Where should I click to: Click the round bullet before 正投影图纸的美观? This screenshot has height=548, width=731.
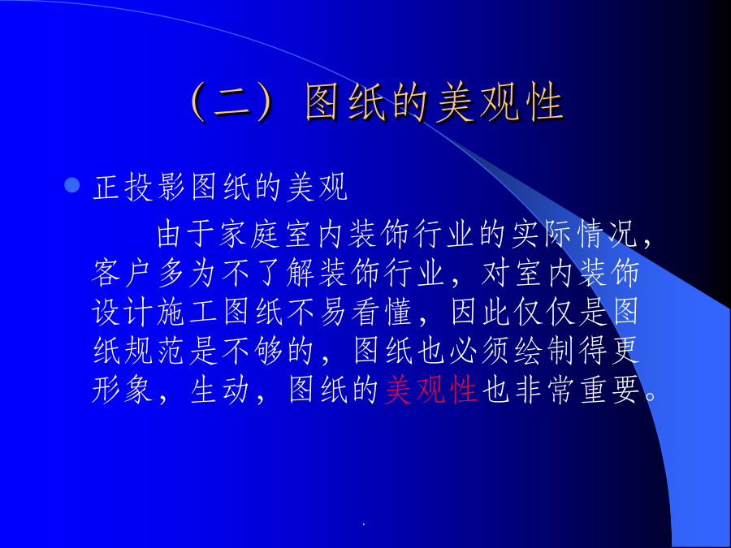pyautogui.click(x=71, y=185)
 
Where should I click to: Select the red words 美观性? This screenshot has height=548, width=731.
pyautogui.click(x=430, y=389)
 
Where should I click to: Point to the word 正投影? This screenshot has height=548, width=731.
pyautogui.click(x=139, y=188)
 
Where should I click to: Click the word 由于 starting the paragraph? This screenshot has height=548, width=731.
pyautogui.click(x=187, y=234)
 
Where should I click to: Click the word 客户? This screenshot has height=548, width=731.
pyautogui.click(x=122, y=273)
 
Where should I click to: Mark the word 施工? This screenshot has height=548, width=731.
pyautogui.click(x=187, y=311)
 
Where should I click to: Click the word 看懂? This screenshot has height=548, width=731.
pyautogui.click(x=381, y=311)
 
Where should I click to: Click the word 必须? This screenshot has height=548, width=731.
pyautogui.click(x=481, y=351)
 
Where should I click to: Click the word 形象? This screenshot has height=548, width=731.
pyautogui.click(x=122, y=389)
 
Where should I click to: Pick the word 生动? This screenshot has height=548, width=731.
pyautogui.click(x=219, y=389)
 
